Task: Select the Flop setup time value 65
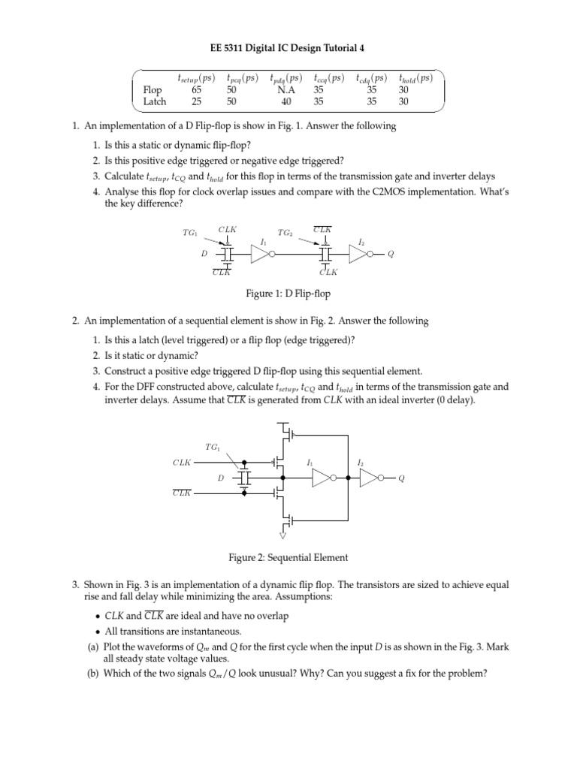tap(197, 90)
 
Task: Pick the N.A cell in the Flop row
tap(286, 90)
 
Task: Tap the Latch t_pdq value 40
tap(286, 101)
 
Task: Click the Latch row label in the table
tap(154, 101)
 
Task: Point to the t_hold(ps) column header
tap(415, 77)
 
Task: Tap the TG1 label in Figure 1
tap(189, 233)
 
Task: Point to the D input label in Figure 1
tap(204, 255)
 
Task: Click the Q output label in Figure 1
tap(390, 255)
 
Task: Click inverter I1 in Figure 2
tap(323, 478)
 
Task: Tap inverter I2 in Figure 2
tap(370, 478)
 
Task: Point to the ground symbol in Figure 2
tap(282, 535)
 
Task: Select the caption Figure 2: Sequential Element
tap(288, 557)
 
